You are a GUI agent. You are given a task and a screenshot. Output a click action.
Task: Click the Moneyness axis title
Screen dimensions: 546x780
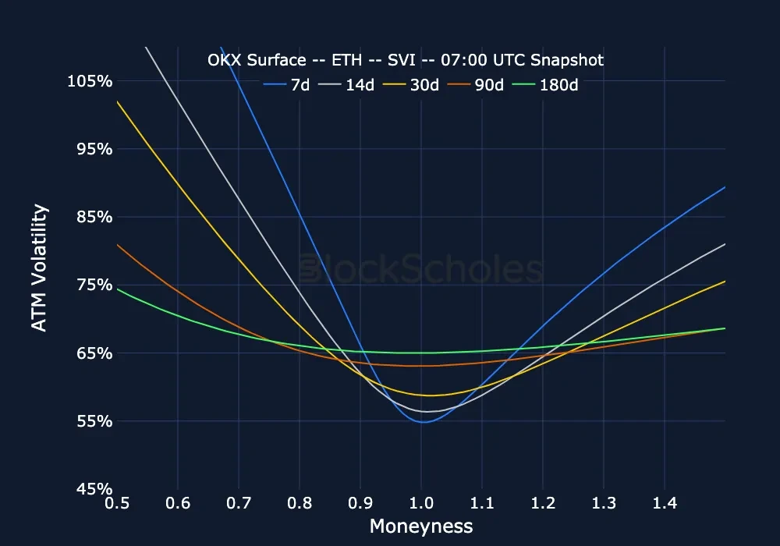click(421, 526)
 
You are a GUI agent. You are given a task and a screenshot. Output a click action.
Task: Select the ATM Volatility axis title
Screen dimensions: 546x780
click(39, 268)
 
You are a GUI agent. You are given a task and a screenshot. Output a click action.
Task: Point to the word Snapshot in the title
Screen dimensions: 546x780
click(569, 60)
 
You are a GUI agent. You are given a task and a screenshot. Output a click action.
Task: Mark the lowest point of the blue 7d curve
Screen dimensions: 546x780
click(423, 422)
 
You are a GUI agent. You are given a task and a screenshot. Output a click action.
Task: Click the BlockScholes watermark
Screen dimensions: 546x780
click(421, 269)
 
